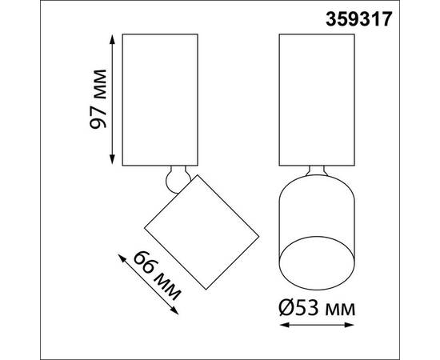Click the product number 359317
[358, 20]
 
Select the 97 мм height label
[98, 98]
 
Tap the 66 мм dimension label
[157, 276]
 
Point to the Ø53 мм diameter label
[317, 308]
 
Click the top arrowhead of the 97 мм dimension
[112, 38]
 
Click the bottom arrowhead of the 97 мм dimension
[112, 159]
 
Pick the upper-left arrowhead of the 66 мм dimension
[121, 258]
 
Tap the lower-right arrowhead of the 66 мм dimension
[175, 311]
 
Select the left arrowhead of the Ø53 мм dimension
[285, 325]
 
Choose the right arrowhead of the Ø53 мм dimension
[349, 325]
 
